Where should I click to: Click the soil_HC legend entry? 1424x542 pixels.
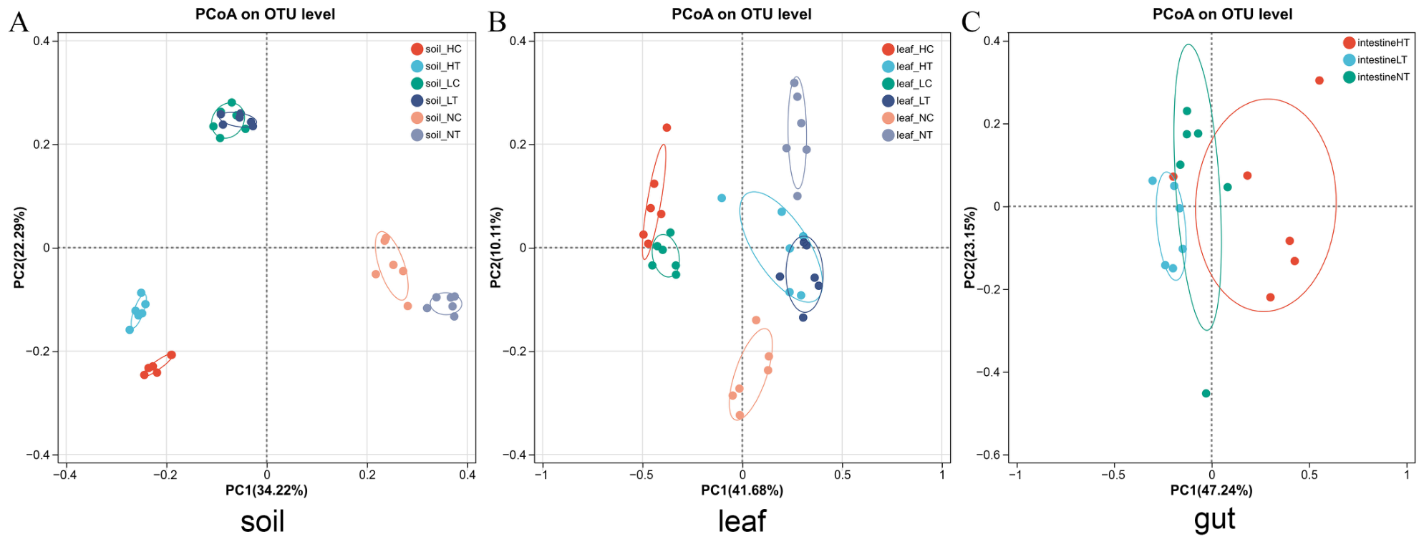436,49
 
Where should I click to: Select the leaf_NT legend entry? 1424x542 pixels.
907,135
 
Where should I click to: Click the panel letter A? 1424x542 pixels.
19,22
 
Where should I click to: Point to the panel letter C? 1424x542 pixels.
971,22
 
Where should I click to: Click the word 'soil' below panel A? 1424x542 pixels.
263,521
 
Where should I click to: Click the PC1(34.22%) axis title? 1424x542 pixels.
266,490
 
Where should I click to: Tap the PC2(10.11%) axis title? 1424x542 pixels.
496,248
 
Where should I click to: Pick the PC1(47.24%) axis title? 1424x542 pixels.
1211,490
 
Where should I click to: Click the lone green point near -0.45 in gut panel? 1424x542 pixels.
1206,393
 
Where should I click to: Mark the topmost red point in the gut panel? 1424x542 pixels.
1319,80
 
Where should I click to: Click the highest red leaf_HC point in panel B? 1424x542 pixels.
667,127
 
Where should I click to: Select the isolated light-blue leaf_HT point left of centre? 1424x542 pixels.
722,198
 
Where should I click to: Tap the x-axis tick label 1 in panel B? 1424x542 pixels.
942,474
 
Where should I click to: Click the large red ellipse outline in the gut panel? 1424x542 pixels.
1336,205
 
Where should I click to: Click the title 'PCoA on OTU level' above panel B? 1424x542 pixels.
741,14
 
